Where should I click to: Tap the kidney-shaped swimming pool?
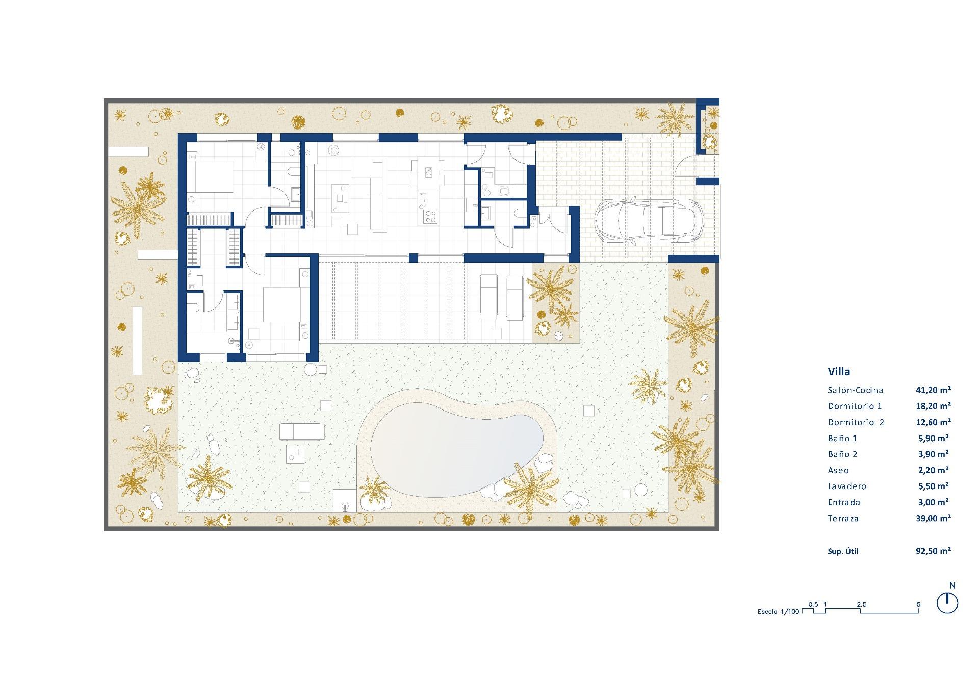[456, 448]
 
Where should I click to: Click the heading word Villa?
[839, 372]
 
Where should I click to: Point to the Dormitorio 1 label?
[855, 406]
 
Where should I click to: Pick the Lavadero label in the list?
[847, 486]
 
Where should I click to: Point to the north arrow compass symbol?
[947, 603]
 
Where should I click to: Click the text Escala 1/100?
[778, 611]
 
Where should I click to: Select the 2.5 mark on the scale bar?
[861, 605]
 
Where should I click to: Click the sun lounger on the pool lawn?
[302, 431]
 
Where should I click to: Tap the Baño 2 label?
[842, 454]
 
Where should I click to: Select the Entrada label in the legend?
[844, 502]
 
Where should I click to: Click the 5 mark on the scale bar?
[919, 605]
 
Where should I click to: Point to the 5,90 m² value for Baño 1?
[933, 438]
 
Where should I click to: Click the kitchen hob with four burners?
[430, 217]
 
